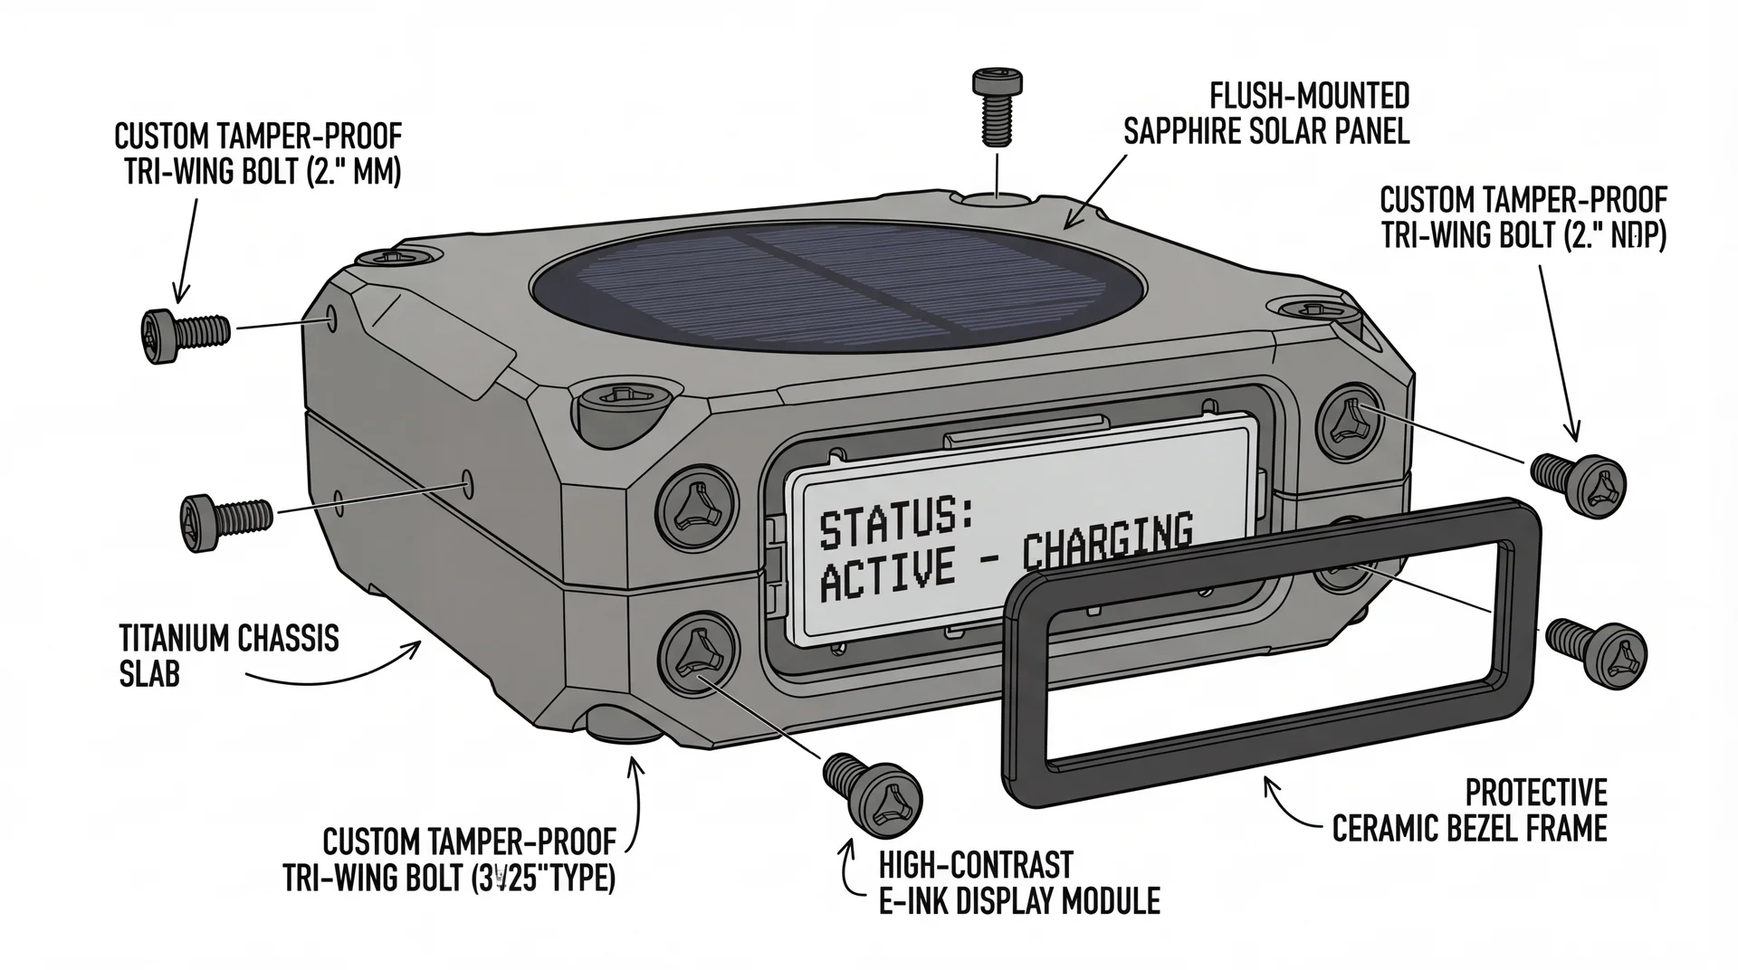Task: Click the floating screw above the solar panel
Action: pyautogui.click(x=998, y=106)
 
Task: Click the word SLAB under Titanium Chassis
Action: pyautogui.click(x=149, y=674)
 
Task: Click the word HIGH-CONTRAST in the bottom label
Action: pyautogui.click(x=976, y=865)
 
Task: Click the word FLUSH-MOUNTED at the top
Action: pyautogui.click(x=1309, y=96)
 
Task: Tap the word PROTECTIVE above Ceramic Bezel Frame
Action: pyautogui.click(x=1535, y=793)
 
